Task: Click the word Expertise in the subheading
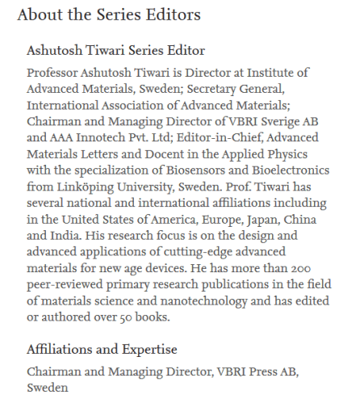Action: (149, 350)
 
